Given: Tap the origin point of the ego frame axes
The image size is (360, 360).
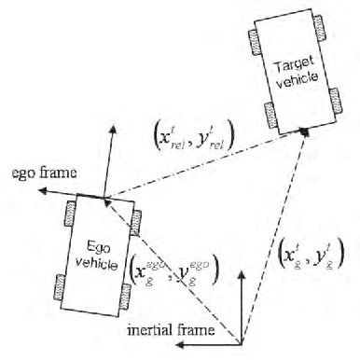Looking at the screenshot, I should click(105, 197).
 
